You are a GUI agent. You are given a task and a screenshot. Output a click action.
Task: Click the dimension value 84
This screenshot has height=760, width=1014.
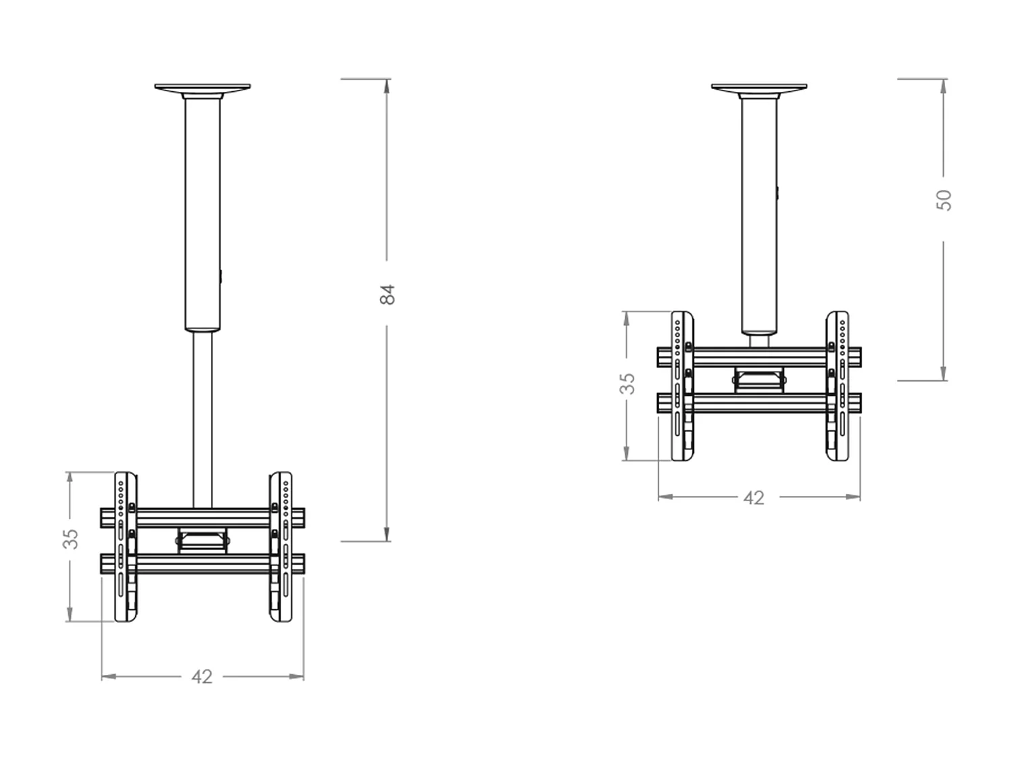pyautogui.click(x=387, y=294)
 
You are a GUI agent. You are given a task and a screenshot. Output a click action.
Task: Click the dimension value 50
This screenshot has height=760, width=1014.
pyautogui.click(x=944, y=200)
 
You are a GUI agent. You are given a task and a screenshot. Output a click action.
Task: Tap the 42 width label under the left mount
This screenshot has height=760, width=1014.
pyautogui.click(x=202, y=676)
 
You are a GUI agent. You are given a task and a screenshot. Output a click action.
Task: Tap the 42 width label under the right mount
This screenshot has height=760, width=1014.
pyautogui.click(x=753, y=498)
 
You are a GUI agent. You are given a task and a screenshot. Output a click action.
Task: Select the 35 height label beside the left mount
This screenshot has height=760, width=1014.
pyautogui.click(x=70, y=538)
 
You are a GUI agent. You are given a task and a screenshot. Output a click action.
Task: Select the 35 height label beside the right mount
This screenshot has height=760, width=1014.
pyautogui.click(x=628, y=383)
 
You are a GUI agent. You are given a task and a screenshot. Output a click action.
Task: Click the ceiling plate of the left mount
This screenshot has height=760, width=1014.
pyautogui.click(x=202, y=88)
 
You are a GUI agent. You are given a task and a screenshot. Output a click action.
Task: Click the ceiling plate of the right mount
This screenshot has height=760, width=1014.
pyautogui.click(x=759, y=88)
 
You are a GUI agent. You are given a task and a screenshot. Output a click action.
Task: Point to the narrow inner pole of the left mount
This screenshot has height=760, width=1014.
pyautogui.click(x=202, y=419)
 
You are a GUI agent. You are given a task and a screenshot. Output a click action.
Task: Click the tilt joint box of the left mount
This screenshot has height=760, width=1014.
pyautogui.click(x=202, y=540)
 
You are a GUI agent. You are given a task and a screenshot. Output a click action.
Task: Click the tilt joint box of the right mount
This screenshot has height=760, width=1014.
pyautogui.click(x=759, y=380)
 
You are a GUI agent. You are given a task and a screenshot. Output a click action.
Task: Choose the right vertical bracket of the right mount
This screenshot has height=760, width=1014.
pyautogui.click(x=838, y=386)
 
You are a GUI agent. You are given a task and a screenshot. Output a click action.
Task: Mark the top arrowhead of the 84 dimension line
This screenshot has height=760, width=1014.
pyautogui.click(x=387, y=85)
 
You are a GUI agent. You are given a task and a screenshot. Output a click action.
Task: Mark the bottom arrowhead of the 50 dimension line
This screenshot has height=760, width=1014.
pyautogui.click(x=944, y=374)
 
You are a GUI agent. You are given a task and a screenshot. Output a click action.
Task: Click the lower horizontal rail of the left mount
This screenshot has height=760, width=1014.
pyautogui.click(x=202, y=563)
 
